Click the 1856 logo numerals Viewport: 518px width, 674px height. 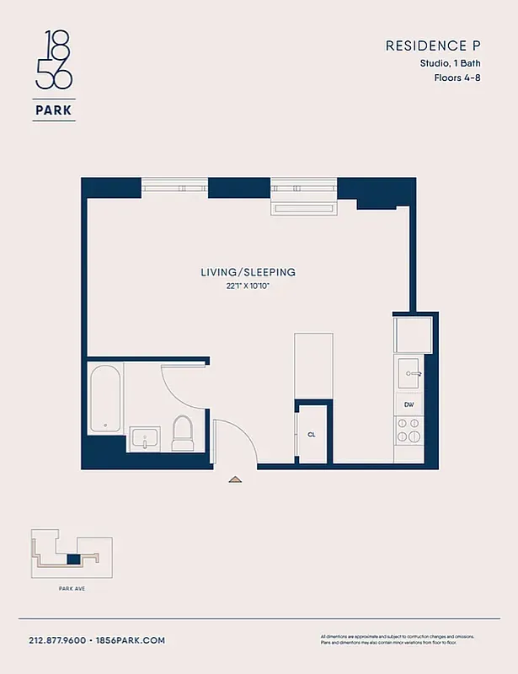tap(54, 60)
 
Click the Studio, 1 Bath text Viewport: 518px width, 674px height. tap(451, 62)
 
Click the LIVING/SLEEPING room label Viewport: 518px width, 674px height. tap(248, 272)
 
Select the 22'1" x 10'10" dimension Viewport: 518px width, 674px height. tap(248, 286)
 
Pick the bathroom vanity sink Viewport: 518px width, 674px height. tap(146, 439)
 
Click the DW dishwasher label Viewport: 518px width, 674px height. tap(409, 404)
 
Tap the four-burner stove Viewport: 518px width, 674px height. tap(409, 436)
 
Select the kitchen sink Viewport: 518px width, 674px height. tap(410, 371)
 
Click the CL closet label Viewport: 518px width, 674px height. tap(312, 435)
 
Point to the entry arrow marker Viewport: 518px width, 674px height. tap(235, 479)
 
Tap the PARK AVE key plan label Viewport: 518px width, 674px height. tap(73, 588)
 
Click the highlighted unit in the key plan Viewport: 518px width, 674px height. tap(73, 559)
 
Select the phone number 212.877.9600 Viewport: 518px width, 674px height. tap(57, 640)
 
